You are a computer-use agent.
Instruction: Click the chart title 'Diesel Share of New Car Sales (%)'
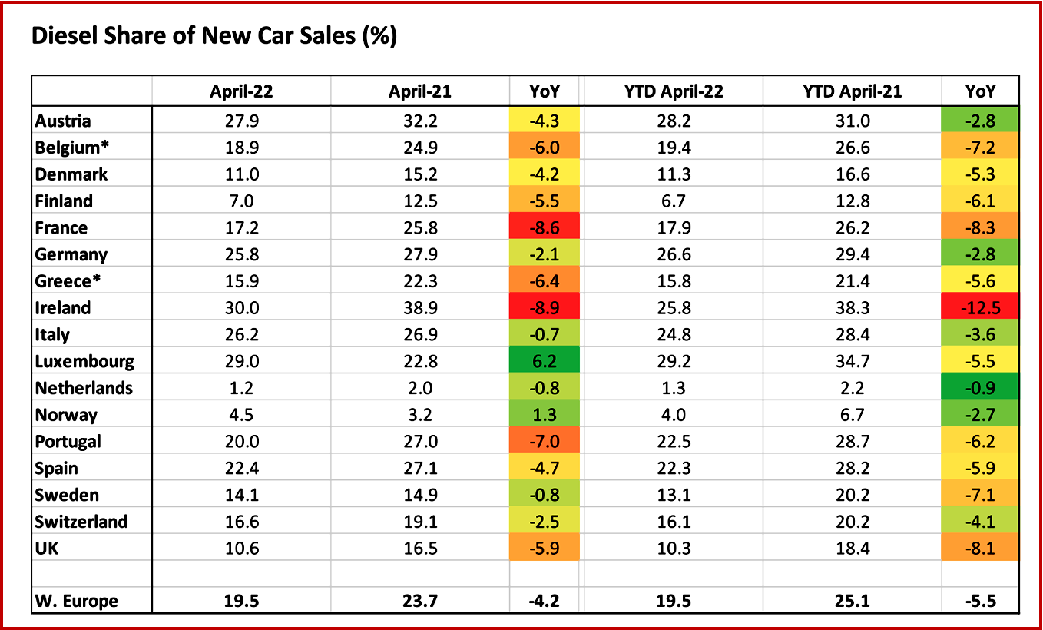[x=214, y=36]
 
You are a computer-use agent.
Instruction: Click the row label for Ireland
[x=63, y=308]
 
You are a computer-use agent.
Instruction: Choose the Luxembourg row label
[x=84, y=361]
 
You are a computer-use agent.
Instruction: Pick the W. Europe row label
[x=77, y=601]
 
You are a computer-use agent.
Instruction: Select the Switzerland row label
[x=81, y=522]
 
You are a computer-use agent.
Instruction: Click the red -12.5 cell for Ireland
[x=980, y=308]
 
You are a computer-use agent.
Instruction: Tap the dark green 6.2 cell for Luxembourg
[x=545, y=361]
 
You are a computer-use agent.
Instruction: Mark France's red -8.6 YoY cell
[x=545, y=228]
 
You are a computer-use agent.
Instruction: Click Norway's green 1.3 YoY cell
[x=545, y=415]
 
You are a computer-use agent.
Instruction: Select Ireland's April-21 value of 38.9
[x=420, y=308]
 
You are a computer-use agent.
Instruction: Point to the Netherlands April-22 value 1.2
[x=242, y=388]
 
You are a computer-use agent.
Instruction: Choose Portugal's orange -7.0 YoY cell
[x=545, y=442]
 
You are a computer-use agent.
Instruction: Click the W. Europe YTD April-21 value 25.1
[x=853, y=601]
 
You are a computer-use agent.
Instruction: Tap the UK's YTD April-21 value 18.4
[x=853, y=549]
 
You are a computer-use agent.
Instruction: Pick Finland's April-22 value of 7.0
[x=242, y=201]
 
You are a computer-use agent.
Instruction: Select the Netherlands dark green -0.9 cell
[x=980, y=388]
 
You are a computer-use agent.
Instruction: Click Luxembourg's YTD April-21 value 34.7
[x=853, y=361]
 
